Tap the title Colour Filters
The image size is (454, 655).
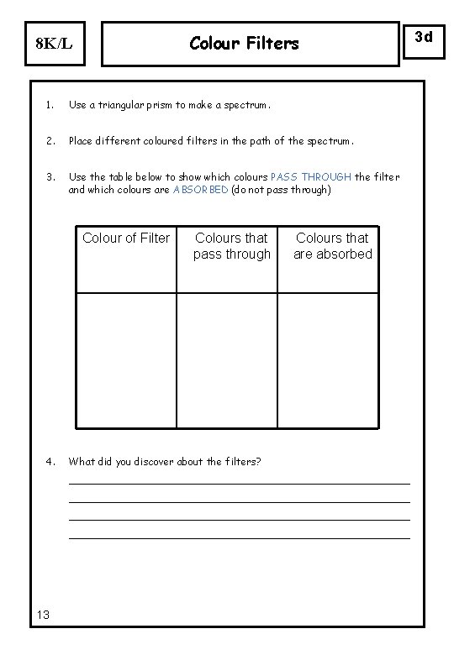click(x=244, y=42)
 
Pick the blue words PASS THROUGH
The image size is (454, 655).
click(x=311, y=177)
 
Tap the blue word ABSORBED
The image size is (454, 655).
click(x=200, y=189)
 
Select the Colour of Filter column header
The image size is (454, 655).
click(x=126, y=238)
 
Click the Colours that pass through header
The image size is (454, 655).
click(x=231, y=246)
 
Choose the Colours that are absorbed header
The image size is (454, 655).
click(x=333, y=246)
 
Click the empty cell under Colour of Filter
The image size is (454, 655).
click(x=126, y=359)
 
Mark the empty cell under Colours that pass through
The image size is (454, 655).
click(x=227, y=359)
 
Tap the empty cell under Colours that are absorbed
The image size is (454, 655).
click(x=329, y=359)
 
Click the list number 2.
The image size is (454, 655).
click(x=50, y=141)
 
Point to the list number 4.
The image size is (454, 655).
click(x=50, y=461)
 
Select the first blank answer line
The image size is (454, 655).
click(x=239, y=482)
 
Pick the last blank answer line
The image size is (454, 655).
click(x=239, y=537)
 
